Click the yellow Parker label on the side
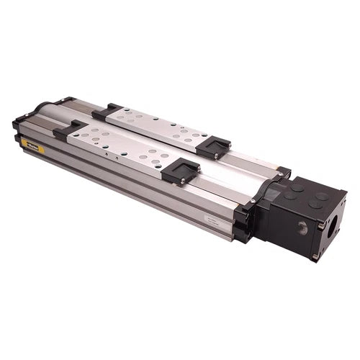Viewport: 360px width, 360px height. pyautogui.click(x=33, y=146)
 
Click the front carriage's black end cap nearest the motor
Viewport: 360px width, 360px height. pyautogui.click(x=180, y=171)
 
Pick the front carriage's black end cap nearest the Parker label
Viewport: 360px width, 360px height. pyautogui.click(x=68, y=130)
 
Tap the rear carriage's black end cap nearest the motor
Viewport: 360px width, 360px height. pyautogui.click(x=214, y=147)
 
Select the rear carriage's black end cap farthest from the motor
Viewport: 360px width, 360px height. pyautogui.click(x=107, y=111)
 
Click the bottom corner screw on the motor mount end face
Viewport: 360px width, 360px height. pyautogui.click(x=315, y=256)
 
